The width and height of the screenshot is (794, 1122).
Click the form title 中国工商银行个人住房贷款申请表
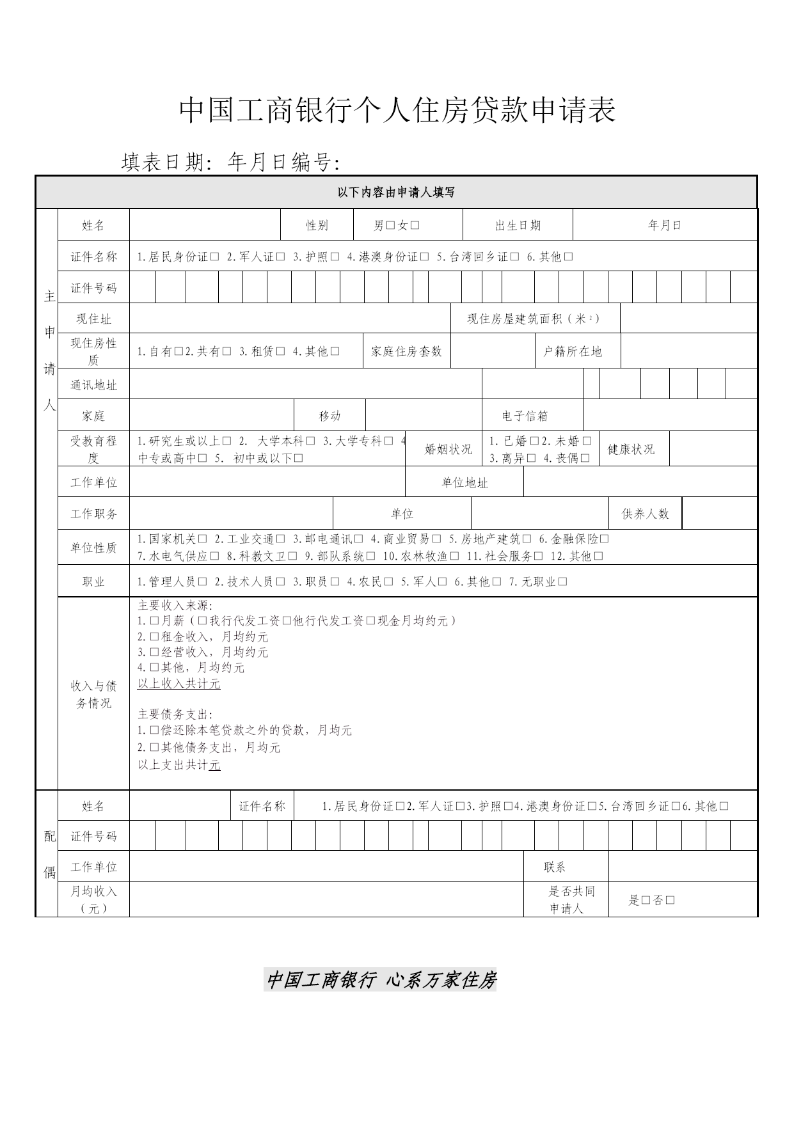(x=397, y=111)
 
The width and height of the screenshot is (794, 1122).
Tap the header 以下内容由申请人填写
(x=396, y=193)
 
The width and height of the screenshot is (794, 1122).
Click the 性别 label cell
(x=317, y=225)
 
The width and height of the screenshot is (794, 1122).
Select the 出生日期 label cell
(x=518, y=225)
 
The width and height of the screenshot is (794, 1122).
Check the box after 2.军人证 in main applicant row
(x=280, y=257)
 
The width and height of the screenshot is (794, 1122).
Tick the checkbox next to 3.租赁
(x=280, y=351)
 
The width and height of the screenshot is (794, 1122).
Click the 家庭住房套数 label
(x=406, y=351)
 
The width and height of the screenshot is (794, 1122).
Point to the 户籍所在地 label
(x=573, y=351)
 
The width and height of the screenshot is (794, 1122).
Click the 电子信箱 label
(x=525, y=416)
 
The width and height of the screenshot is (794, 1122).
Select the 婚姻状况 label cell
(x=449, y=449)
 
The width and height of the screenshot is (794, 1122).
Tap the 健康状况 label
(x=631, y=449)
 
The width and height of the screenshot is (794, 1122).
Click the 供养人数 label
(x=645, y=514)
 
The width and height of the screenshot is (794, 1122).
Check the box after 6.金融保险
(x=605, y=539)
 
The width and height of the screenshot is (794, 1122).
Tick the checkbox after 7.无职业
(x=563, y=582)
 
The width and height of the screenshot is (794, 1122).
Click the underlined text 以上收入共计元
(x=179, y=684)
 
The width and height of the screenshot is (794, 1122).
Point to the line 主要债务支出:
(x=175, y=715)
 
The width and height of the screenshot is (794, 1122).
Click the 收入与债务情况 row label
(x=93, y=694)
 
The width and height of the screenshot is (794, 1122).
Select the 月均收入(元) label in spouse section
(x=93, y=899)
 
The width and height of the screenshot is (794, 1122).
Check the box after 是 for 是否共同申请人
(x=646, y=901)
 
